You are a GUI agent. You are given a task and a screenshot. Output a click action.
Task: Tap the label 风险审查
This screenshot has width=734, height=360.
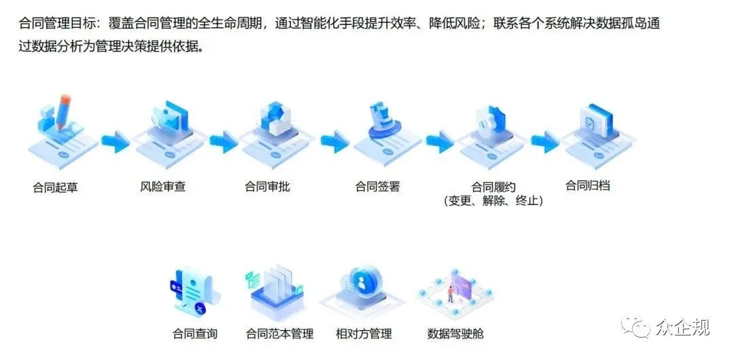(158, 186)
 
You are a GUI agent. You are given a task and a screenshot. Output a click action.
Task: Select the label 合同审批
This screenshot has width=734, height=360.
(267, 186)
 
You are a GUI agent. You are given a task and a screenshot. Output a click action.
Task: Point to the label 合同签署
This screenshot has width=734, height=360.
(377, 186)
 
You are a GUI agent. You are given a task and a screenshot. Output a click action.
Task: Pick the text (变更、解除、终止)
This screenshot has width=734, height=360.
(493, 201)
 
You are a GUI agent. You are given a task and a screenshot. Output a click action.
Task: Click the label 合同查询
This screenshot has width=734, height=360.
(194, 334)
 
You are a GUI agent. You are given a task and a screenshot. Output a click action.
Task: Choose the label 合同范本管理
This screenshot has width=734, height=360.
(279, 334)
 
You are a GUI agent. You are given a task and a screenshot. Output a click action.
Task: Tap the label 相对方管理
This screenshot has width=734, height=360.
(364, 334)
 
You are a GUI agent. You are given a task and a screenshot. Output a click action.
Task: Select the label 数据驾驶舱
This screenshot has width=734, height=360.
(455, 334)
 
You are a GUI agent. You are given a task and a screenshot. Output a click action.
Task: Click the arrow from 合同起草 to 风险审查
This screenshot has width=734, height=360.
(115, 143)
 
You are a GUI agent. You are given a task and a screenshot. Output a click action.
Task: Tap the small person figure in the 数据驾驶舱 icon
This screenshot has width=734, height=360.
(450, 293)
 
